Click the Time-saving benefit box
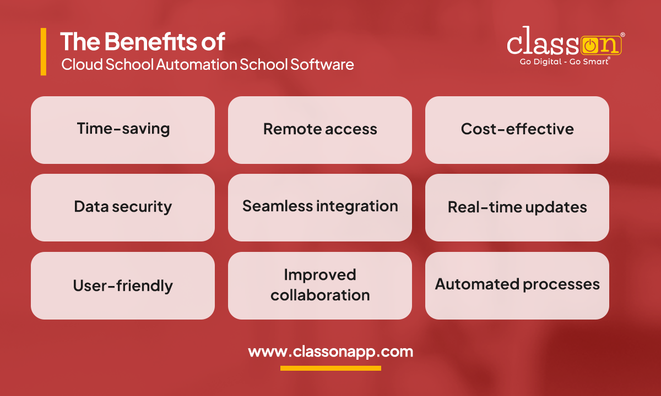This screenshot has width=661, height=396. [122, 130]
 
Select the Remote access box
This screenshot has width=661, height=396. [319, 130]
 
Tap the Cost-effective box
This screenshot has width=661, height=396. [517, 130]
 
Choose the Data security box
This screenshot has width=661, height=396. [122, 207]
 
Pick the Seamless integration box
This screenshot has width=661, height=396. [319, 207]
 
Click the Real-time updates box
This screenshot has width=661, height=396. [517, 207]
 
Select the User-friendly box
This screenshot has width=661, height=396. [122, 285]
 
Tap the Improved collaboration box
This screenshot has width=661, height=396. [319, 285]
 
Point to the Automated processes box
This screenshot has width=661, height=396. [517, 285]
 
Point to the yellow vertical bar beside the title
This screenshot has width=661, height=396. [44, 52]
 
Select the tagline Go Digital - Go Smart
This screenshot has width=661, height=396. [565, 62]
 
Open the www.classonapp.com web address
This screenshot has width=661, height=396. [330, 351]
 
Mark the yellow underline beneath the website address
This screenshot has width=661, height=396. [330, 368]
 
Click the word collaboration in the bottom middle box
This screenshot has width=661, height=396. [320, 295]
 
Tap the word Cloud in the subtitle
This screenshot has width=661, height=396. [76, 64]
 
